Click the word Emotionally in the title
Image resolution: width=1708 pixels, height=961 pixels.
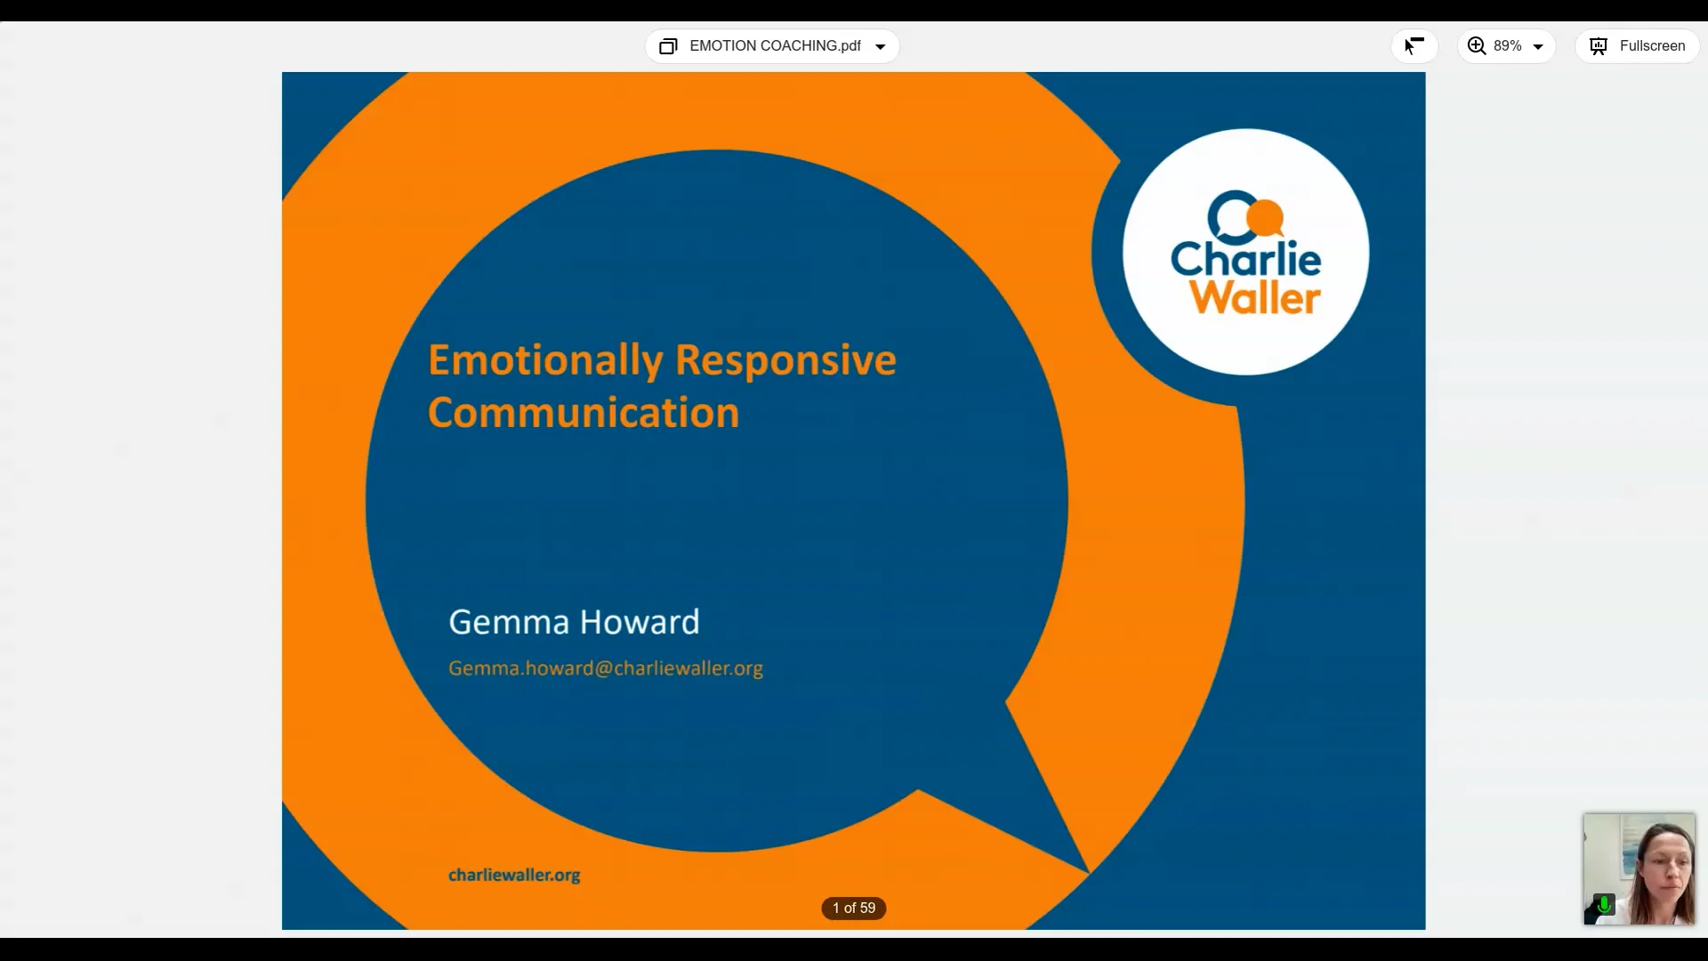(545, 360)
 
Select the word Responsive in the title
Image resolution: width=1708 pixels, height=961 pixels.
(786, 360)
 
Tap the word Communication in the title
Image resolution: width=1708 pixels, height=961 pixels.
(584, 413)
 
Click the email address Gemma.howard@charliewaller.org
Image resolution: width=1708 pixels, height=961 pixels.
(606, 668)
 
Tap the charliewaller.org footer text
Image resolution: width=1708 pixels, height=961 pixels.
(514, 875)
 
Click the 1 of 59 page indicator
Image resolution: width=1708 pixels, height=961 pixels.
(854, 908)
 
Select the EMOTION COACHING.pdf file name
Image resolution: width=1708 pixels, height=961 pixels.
(775, 46)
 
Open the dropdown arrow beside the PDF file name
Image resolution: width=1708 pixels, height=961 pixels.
(881, 47)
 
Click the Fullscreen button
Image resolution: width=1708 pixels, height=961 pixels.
(1638, 46)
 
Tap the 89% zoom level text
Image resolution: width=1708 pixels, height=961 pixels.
(1508, 46)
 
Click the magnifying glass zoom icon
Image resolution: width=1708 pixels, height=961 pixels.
(1477, 46)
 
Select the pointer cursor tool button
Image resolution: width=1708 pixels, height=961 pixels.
(1414, 46)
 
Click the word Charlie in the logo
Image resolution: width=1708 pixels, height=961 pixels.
(1245, 259)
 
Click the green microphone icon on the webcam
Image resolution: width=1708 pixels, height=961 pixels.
(1604, 905)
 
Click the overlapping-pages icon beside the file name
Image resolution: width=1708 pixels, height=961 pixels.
(668, 46)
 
